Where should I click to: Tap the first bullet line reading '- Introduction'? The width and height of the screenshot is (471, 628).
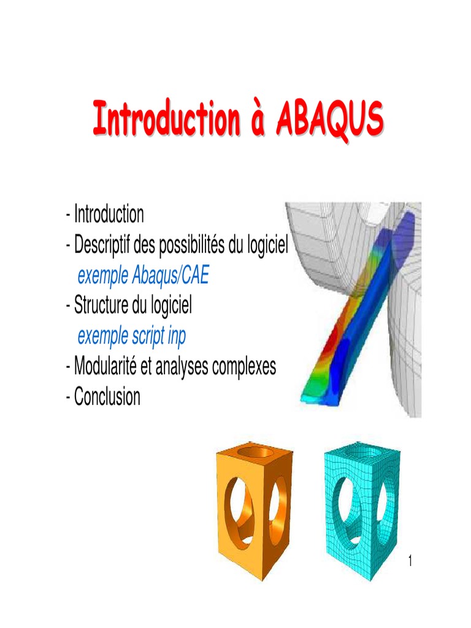105,215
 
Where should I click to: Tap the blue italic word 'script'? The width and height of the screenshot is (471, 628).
148,336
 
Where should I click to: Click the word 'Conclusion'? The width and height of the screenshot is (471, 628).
107,397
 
